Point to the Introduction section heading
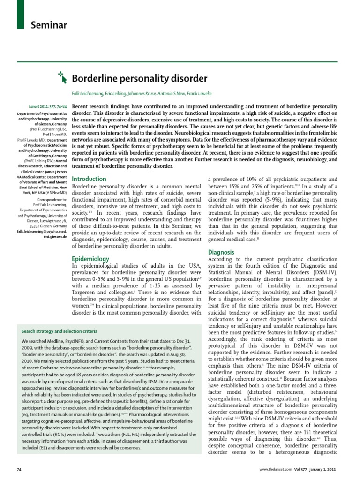pos(89,179)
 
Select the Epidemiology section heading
pos(90,258)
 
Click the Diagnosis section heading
pos(221,252)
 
